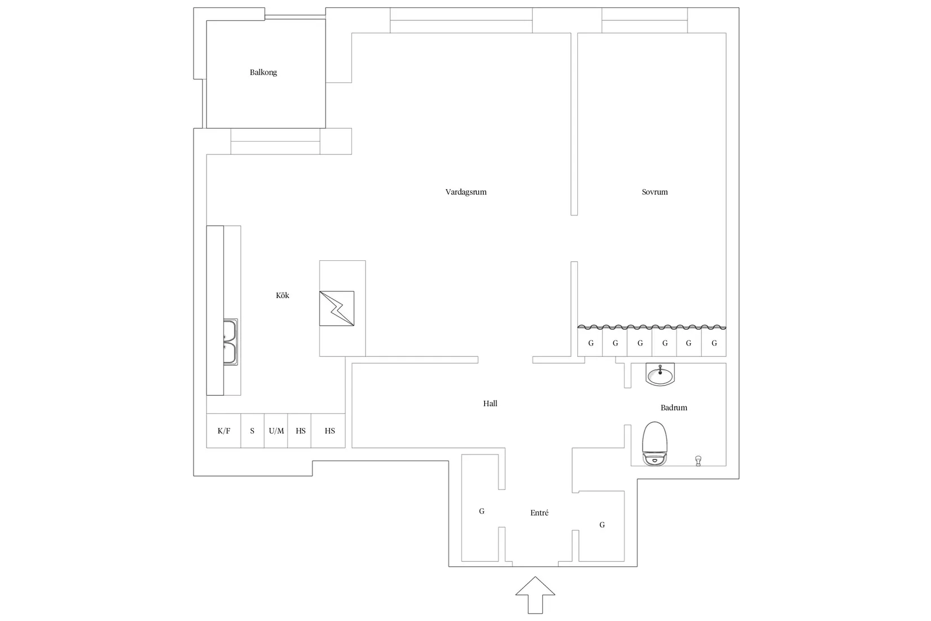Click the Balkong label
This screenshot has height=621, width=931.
pos(263,72)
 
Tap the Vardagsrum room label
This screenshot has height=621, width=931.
pos(466,192)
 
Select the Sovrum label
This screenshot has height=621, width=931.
pos(655,192)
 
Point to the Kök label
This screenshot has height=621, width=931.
pos(282,295)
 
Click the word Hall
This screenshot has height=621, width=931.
pos(490,403)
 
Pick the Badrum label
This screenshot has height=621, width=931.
pos(674,408)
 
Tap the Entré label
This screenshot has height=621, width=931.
pos(539,513)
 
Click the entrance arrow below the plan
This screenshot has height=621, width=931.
pos(535,595)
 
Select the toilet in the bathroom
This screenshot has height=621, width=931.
pos(655,444)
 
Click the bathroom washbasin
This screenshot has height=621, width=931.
pos(660,374)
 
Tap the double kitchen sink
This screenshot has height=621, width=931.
pos(230,342)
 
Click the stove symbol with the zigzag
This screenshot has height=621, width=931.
pos(337,308)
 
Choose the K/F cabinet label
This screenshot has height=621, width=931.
pos(223,431)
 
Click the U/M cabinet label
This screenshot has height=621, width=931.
pos(276,431)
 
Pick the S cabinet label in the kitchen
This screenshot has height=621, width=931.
pos(252,431)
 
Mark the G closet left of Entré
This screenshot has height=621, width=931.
pos(481,511)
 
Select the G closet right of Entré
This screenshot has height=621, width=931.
pos(602,525)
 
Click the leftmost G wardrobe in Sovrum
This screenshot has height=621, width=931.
pos(591,343)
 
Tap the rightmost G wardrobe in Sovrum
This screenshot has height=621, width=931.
pos(714,343)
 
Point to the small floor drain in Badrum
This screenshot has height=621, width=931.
pos(699,461)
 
